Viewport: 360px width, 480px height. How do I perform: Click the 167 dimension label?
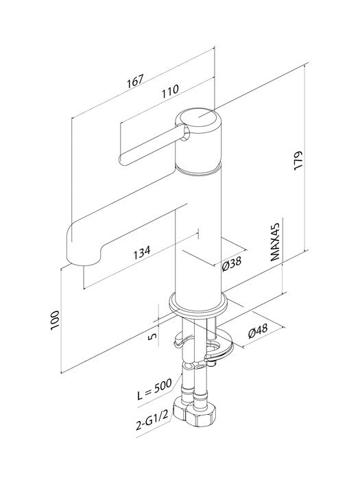(x=136, y=81)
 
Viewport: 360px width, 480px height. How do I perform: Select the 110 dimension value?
(x=171, y=91)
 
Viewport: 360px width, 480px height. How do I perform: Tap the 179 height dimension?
(x=298, y=159)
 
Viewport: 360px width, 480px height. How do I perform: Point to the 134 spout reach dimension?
(x=142, y=252)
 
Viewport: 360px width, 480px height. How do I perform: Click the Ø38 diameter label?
(x=232, y=264)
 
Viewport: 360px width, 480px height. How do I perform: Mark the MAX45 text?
(x=276, y=242)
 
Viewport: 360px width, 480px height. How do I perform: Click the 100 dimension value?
(x=55, y=320)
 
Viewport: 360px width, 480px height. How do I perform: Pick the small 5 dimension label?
(x=153, y=336)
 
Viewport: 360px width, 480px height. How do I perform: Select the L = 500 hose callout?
(x=154, y=389)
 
